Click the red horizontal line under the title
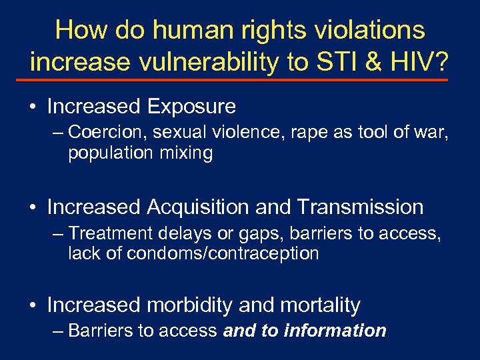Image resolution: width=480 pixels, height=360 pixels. click(240, 79)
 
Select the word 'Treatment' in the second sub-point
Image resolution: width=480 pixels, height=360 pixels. click(108, 233)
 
